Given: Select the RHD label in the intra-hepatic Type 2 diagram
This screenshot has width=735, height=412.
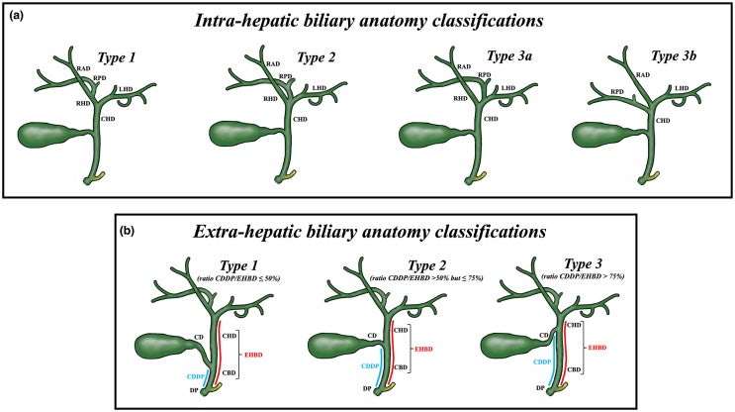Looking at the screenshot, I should pyautogui.click(x=243, y=98).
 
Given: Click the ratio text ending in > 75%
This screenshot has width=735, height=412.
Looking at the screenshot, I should pyautogui.click(x=557, y=273).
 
